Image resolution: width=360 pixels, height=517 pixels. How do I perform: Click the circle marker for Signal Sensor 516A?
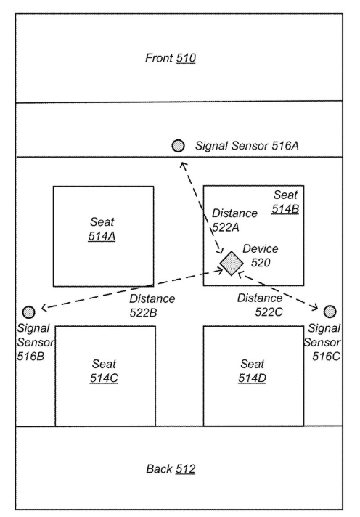(x=179, y=145)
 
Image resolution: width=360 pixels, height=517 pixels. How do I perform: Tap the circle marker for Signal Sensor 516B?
(x=29, y=312)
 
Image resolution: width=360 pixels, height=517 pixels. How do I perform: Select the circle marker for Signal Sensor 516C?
(x=330, y=312)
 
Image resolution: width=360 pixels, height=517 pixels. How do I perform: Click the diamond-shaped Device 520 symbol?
(x=232, y=263)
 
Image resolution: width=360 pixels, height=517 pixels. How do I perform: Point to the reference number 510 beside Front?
(x=186, y=58)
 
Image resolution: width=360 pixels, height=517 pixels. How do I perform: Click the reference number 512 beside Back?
(x=186, y=468)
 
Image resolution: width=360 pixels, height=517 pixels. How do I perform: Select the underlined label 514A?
(x=102, y=236)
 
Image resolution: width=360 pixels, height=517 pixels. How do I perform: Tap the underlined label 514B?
(x=285, y=208)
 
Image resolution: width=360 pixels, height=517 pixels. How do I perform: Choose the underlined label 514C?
(x=104, y=378)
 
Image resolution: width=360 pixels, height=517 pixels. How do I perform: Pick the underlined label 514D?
(x=252, y=378)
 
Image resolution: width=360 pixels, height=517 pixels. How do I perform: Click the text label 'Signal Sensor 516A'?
(x=247, y=146)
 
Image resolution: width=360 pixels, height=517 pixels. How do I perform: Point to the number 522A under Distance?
(x=226, y=227)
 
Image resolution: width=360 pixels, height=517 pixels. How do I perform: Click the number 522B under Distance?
(x=144, y=312)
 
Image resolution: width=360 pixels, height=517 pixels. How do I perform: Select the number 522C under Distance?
(x=269, y=312)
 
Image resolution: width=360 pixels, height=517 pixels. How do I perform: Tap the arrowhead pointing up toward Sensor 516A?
(x=184, y=165)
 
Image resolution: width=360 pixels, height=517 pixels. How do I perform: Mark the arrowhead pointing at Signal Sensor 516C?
(x=314, y=308)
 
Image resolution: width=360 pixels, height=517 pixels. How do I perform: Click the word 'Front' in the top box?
(x=160, y=58)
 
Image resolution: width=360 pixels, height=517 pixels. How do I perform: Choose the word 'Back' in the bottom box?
(x=160, y=468)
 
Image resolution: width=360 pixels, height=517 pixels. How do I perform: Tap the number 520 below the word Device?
(x=261, y=262)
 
